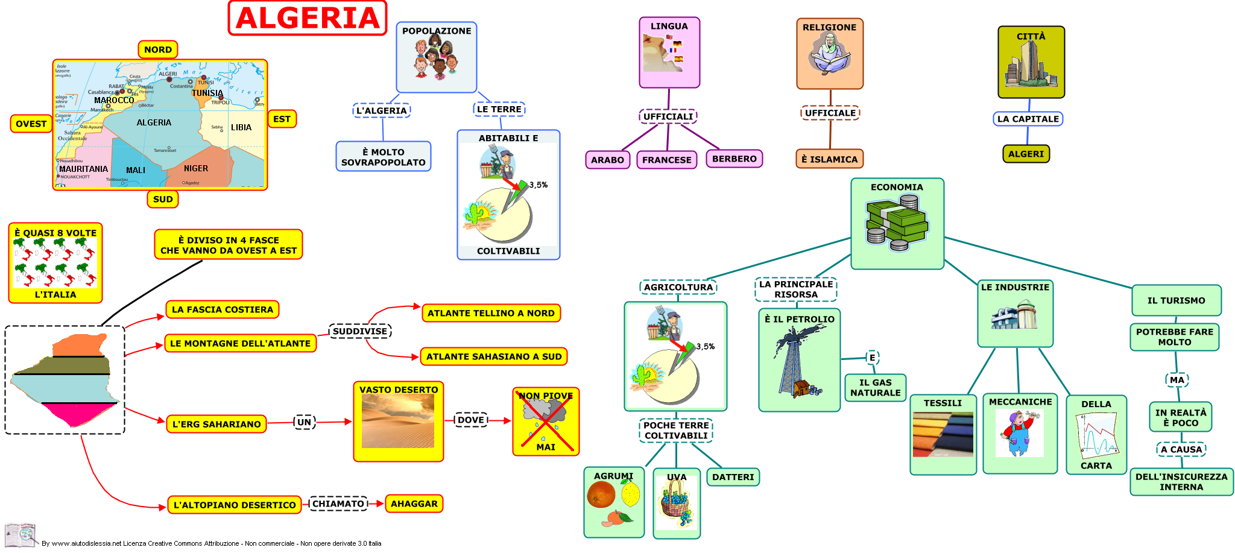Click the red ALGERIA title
[308, 18]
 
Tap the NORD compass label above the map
[157, 49]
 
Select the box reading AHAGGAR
[414, 504]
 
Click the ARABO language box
[607, 160]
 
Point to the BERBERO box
[734, 159]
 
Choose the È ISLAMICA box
[829, 159]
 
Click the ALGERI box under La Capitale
[1025, 154]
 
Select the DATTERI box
[733, 477]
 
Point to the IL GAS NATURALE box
[875, 387]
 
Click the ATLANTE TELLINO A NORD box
[491, 313]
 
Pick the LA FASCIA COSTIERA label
[222, 309]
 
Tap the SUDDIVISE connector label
[360, 331]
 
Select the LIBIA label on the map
[241, 127]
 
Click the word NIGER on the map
[196, 168]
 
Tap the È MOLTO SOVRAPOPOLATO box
[384, 157]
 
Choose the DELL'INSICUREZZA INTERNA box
[1181, 482]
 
